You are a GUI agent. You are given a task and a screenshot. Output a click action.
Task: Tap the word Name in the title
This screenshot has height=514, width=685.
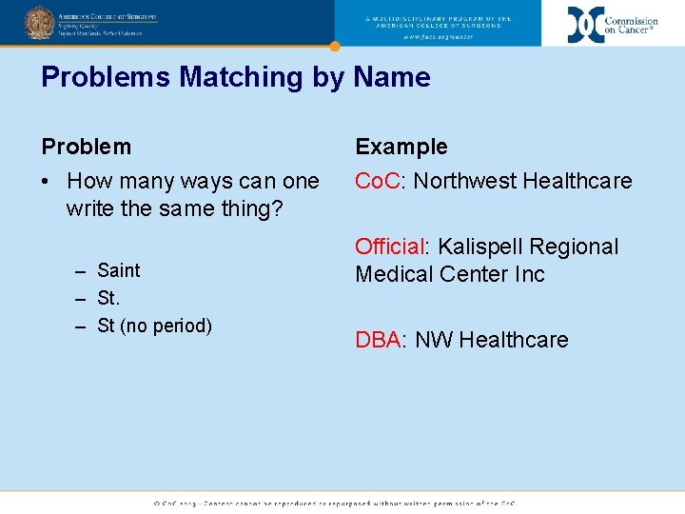tap(392, 77)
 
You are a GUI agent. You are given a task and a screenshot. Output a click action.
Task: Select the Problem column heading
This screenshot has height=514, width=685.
tap(87, 147)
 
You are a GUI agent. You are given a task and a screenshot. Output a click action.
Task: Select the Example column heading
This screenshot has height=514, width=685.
tap(401, 147)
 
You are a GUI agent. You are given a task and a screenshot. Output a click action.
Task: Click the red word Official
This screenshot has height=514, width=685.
tap(389, 247)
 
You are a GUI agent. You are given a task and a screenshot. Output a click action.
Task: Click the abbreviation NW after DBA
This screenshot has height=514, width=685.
tap(434, 340)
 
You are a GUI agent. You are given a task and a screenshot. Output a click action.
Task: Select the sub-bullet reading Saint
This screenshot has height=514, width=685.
tap(119, 270)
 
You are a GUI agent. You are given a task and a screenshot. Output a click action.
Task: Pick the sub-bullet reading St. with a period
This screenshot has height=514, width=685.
tap(108, 298)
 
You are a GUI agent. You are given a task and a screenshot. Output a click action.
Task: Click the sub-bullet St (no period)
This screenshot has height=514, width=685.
tap(154, 326)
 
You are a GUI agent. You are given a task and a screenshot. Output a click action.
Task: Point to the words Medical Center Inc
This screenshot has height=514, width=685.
tap(450, 274)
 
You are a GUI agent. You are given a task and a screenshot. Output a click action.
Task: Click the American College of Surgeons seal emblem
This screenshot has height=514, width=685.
tap(39, 22)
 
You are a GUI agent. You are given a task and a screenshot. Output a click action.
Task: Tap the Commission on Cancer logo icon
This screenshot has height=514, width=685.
tap(585, 24)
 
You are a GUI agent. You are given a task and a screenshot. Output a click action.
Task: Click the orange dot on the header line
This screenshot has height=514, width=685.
tap(334, 46)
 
